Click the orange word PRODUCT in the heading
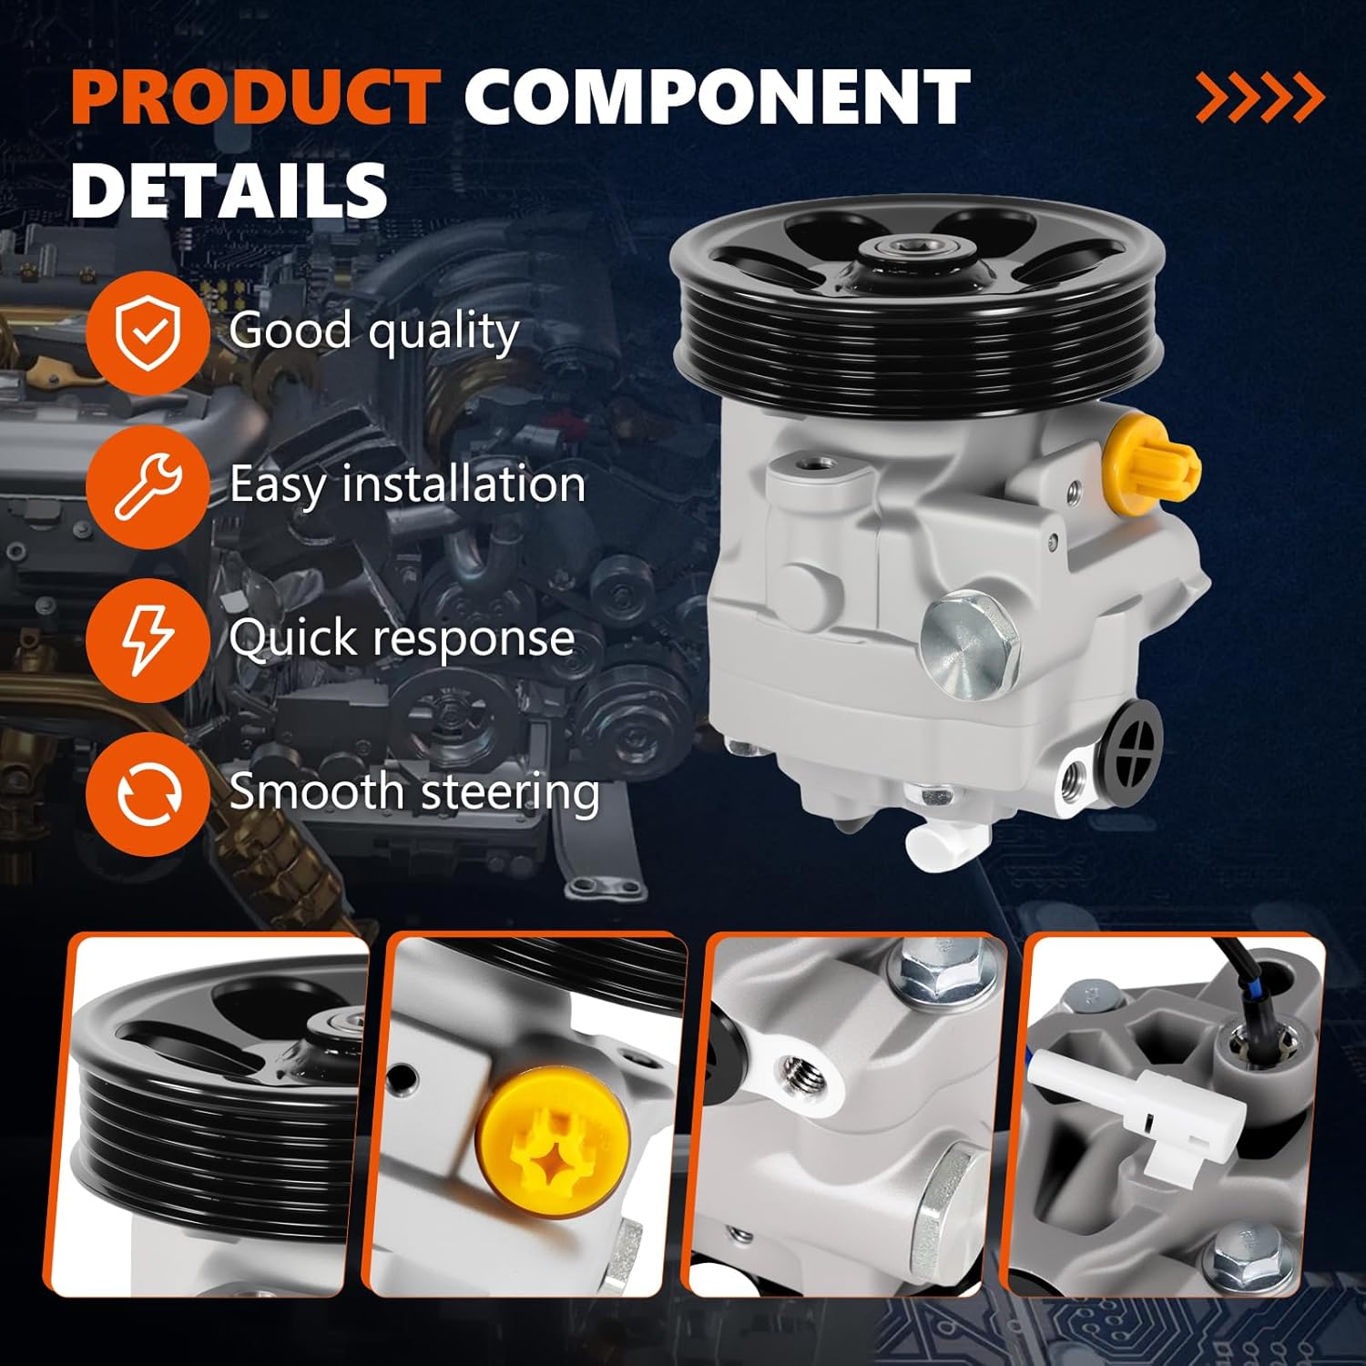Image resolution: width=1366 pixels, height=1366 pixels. tap(255, 97)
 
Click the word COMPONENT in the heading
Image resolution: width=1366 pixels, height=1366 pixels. tap(717, 97)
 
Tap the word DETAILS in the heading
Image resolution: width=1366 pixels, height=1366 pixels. tap(229, 189)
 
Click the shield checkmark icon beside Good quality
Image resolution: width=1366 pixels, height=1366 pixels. tap(148, 331)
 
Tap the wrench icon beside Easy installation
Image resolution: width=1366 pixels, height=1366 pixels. tap(148, 486)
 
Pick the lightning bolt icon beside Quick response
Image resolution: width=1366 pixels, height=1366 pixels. tap(148, 639)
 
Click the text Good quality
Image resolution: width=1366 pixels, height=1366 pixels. tap(373, 331)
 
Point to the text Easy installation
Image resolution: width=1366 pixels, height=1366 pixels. tap(407, 484)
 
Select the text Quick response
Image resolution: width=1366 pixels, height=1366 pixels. tap(402, 637)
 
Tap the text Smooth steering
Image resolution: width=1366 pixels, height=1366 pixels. tap(414, 790)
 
